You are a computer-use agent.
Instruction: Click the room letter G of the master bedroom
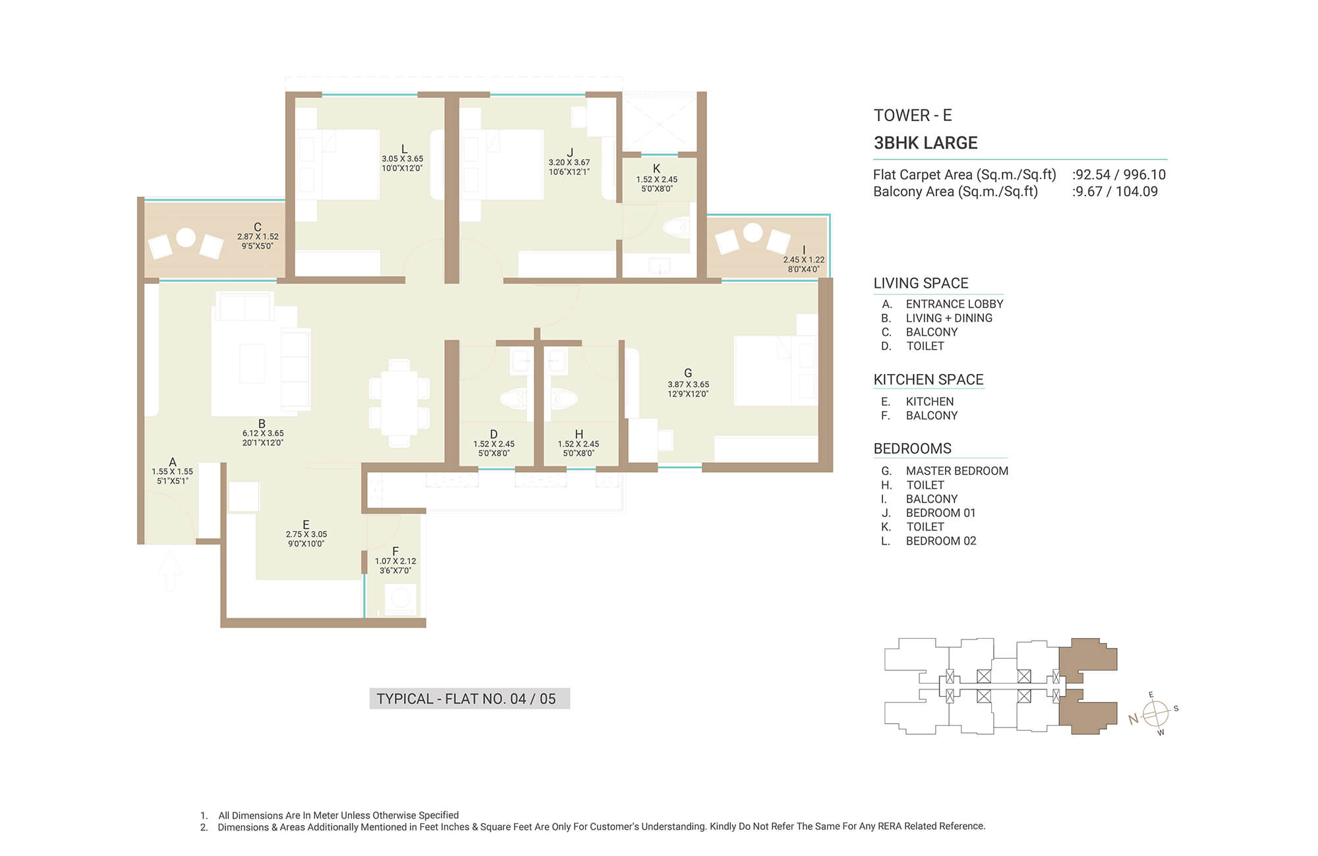click(688, 373)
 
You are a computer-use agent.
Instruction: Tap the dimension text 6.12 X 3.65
click(263, 433)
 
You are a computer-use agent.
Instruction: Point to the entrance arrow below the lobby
click(170, 570)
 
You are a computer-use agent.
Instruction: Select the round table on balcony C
click(186, 237)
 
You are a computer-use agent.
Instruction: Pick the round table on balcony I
click(753, 232)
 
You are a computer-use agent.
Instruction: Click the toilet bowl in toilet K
click(677, 228)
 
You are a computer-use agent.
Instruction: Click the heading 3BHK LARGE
click(925, 143)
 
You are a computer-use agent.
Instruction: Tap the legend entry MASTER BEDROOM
click(957, 471)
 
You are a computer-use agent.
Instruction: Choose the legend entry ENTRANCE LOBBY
click(954, 304)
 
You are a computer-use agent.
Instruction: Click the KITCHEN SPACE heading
click(928, 379)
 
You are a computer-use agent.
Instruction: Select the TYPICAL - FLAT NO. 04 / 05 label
click(467, 699)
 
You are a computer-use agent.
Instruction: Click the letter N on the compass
click(1133, 719)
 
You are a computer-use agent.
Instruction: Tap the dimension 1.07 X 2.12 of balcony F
click(395, 561)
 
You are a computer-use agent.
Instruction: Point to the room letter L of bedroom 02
click(404, 149)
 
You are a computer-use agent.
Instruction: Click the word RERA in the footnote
click(890, 826)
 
